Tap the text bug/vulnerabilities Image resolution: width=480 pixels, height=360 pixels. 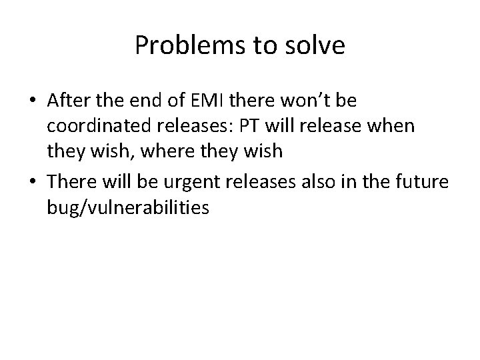coord(128,209)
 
